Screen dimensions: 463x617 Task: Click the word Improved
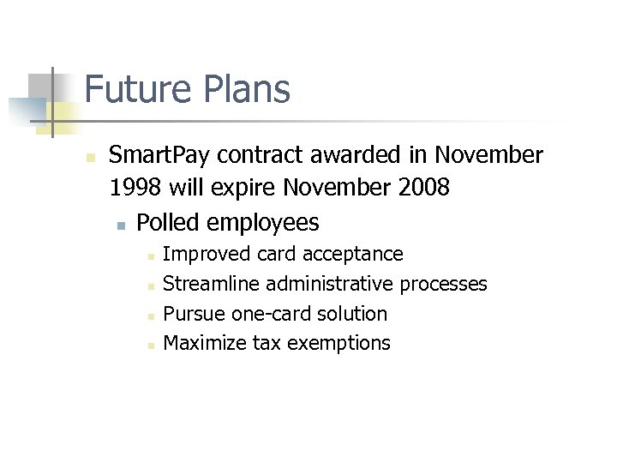(201, 254)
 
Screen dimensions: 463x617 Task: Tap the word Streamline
(211, 284)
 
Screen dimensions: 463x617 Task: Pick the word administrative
(330, 284)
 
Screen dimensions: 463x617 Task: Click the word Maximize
(204, 344)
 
